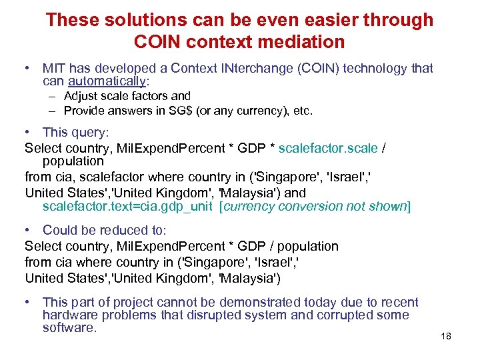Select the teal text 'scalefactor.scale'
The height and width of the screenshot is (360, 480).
[x=328, y=148]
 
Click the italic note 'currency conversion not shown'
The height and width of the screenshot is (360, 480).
[x=315, y=206]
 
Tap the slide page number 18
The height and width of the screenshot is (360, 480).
[x=446, y=336]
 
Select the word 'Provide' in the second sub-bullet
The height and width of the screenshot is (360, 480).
[x=85, y=111]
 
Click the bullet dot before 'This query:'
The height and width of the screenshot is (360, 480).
[x=28, y=133]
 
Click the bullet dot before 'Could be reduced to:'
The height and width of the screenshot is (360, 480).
[x=28, y=231]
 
